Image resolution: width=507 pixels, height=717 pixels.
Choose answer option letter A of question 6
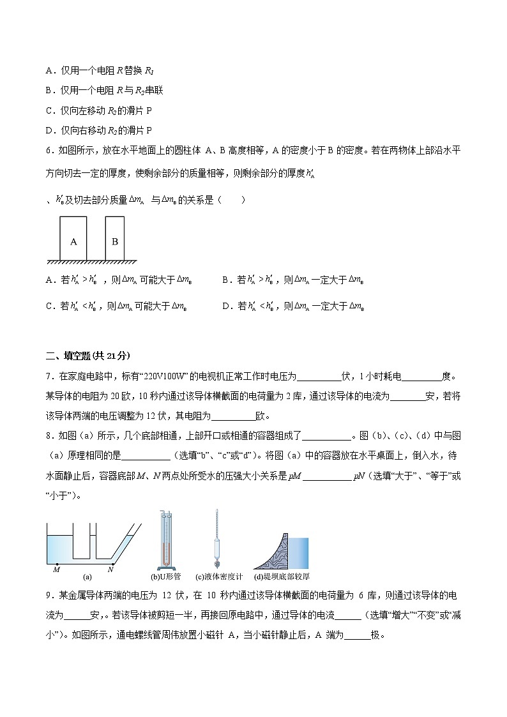click(50, 280)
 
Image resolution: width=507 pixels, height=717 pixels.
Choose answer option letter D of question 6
click(226, 306)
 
